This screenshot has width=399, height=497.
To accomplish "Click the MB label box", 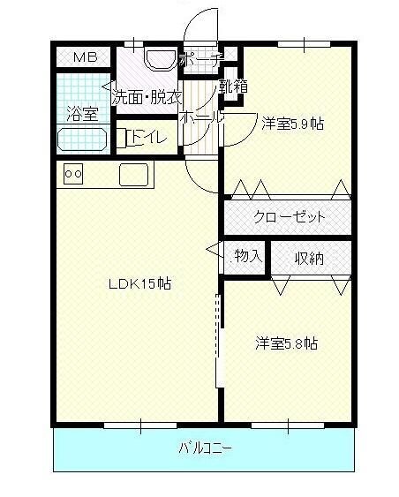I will [x=85, y=58].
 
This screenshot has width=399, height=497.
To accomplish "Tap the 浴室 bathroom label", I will [x=81, y=112].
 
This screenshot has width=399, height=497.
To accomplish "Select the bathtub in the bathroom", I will [x=82, y=139].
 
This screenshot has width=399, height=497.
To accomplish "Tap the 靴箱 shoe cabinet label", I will [x=233, y=87].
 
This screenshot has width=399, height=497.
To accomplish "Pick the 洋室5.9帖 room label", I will [x=291, y=124].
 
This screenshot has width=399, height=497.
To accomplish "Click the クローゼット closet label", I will [x=290, y=216].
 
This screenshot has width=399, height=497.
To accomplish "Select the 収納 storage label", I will [x=309, y=258].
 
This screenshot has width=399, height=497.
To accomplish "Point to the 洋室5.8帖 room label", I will [x=287, y=343].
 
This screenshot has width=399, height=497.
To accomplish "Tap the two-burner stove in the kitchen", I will [x=74, y=175].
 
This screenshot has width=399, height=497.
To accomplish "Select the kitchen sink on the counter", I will [x=135, y=175].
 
